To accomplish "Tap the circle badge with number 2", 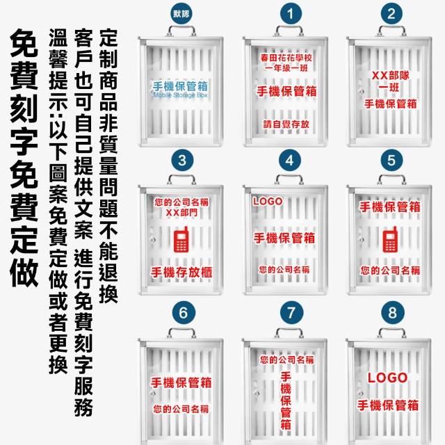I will coord(392,13).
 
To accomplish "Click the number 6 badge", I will coord(182,313).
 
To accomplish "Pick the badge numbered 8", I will coord(392,313).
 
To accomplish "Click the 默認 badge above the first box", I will coord(181,13).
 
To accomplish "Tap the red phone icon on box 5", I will coord(390,240).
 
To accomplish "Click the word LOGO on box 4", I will coord(268,202).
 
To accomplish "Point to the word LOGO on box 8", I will coord(387,378).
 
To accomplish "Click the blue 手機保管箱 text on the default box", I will coord(180,86).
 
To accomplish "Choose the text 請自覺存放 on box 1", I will coord(286,124).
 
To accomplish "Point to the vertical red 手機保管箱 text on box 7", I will coord(286,400).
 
